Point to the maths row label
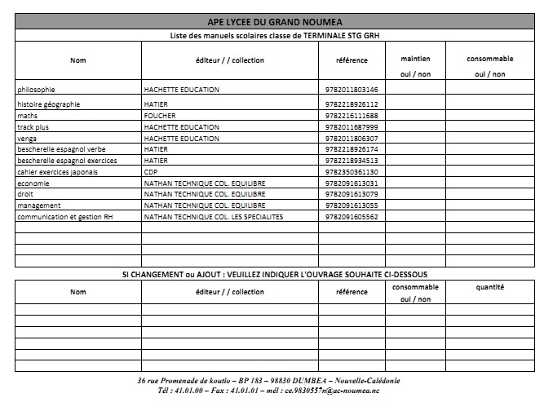tap(27, 116)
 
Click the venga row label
tap(28, 139)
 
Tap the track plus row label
tap(33, 127)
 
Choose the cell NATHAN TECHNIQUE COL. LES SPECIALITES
tap(213, 218)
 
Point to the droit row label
tap(26, 195)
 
